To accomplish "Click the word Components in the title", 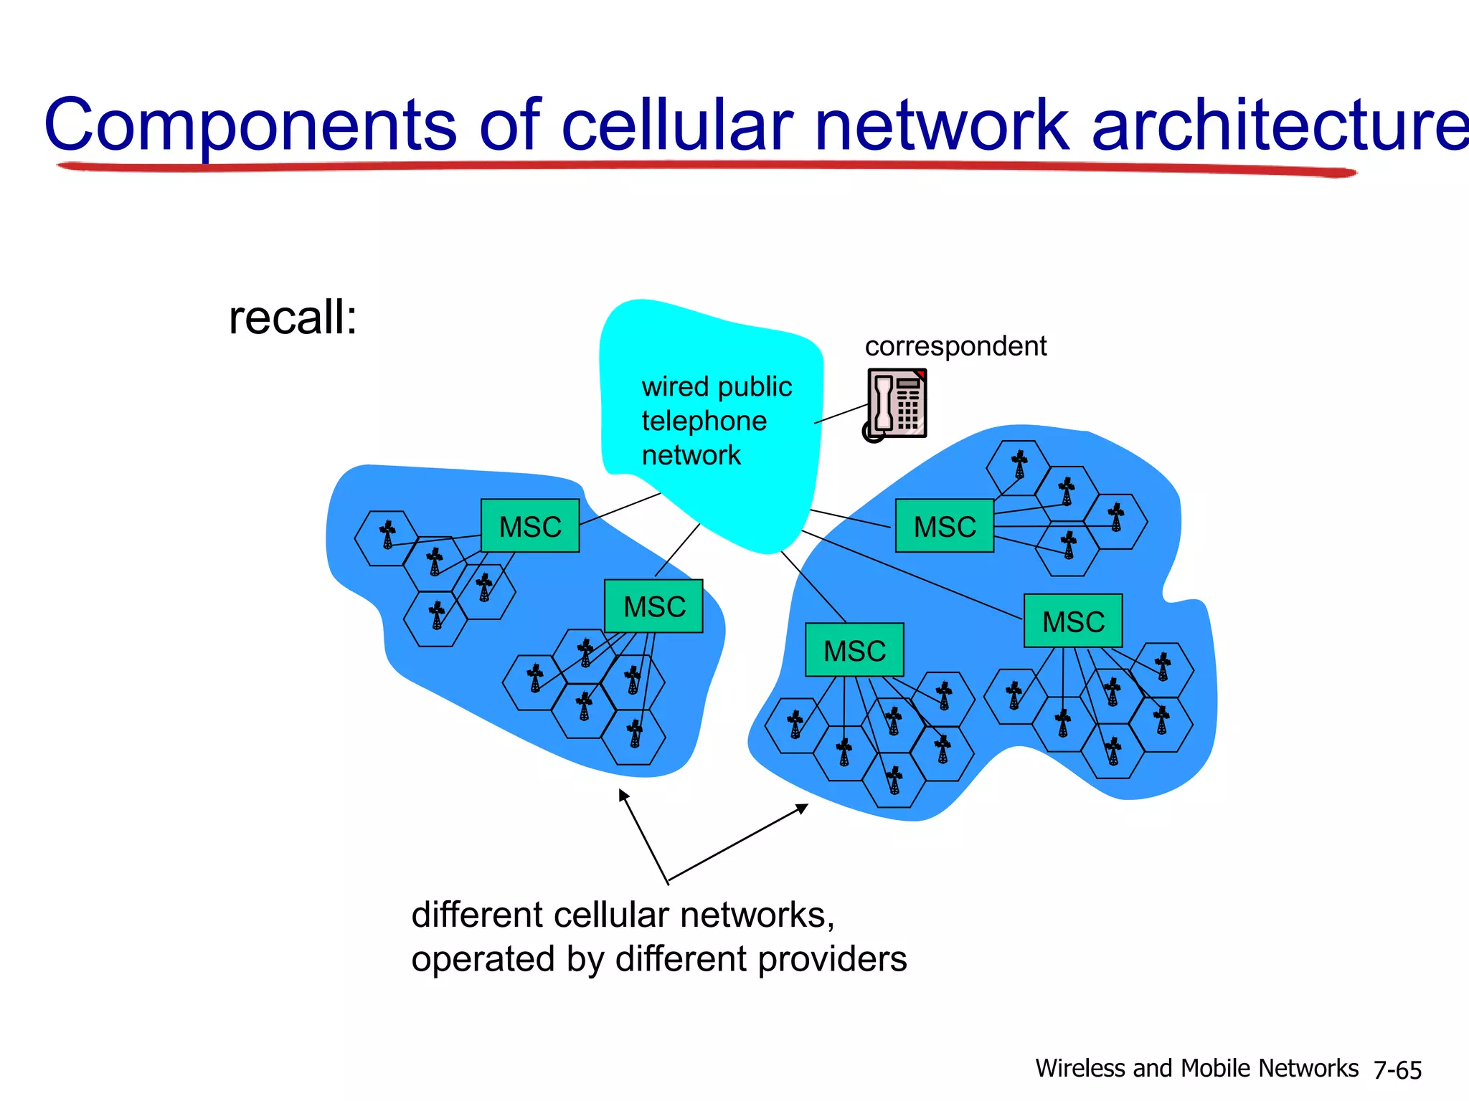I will [x=250, y=126].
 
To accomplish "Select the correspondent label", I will [x=955, y=346].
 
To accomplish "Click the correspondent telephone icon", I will [x=897, y=404].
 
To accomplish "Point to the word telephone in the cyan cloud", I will [x=704, y=421].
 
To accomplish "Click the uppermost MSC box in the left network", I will [x=530, y=526].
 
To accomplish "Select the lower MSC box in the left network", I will [x=653, y=606].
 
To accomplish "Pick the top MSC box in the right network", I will [x=945, y=526].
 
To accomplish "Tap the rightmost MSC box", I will [x=1073, y=621].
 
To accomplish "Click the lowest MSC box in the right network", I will [x=854, y=650].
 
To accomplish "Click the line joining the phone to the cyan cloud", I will [x=841, y=414].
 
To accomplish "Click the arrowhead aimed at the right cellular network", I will [x=803, y=809].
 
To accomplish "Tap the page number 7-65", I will [x=1397, y=1070].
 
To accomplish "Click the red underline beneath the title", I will [x=707, y=167].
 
